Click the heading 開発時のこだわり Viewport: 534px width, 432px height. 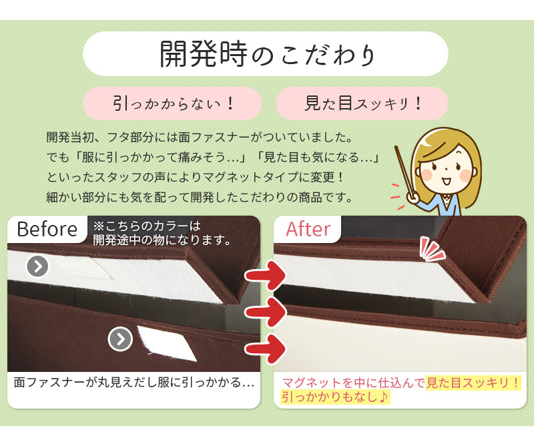tap(268, 54)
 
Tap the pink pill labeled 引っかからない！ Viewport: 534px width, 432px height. tap(172, 103)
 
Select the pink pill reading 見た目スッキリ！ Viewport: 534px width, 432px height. tap(362, 103)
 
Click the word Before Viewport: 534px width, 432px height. tap(47, 228)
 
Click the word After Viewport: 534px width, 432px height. tap(308, 229)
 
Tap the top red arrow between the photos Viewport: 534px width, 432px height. tap(266, 275)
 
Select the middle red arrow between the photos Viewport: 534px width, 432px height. tap(266, 312)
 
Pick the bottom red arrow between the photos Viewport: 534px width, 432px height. tap(266, 349)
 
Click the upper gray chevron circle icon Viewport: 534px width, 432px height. tap(37, 266)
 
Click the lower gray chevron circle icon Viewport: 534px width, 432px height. tap(120, 339)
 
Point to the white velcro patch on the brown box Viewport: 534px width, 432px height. tap(166, 343)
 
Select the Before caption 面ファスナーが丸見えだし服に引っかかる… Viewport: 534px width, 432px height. tap(134, 383)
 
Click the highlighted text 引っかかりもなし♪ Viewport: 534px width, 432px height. tap(335, 397)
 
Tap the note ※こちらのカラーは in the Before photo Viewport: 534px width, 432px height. tap(147, 226)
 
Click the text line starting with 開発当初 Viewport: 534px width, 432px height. tap(200, 138)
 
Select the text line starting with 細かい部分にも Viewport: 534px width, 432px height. tap(199, 197)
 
